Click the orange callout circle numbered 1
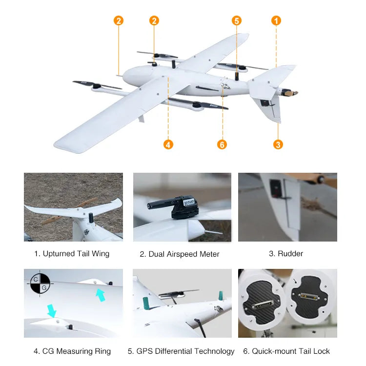pos(276,20)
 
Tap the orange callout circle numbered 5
pos(237,20)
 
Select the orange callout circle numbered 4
pos(168,144)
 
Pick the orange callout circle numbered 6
pos(222,144)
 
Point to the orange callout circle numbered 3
pos(278,144)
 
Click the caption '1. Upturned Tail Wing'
pos(72,254)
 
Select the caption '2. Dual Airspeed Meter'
pos(180,254)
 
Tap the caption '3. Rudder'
pos(286,253)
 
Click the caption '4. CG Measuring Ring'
pos(72,351)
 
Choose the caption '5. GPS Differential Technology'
pos(181,351)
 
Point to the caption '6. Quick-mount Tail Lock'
pos(286,351)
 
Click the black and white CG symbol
pos(40,284)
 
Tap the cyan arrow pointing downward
pos(52,311)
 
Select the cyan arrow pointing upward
pos(101,295)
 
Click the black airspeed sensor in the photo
pos(174,206)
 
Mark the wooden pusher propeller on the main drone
pos(290,93)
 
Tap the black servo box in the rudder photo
pos(276,188)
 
